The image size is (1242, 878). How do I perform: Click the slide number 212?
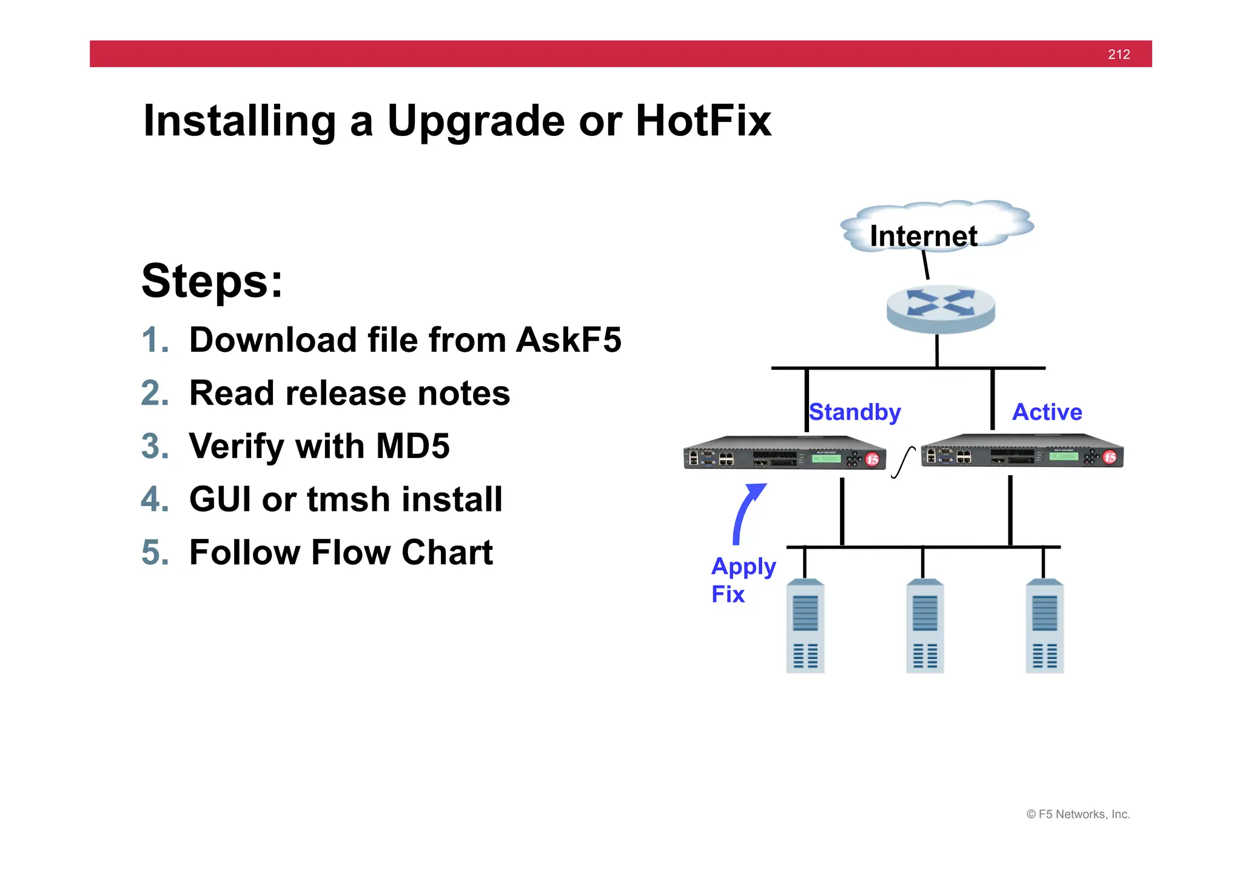1118,55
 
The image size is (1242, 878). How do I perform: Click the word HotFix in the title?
703,121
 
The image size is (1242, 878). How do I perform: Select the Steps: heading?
212,281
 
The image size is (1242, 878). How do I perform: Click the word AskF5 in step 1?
568,340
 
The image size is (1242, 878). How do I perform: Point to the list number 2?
155,393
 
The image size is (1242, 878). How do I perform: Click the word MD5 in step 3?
412,447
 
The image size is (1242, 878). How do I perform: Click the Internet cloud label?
923,236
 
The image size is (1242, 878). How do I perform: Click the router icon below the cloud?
940,309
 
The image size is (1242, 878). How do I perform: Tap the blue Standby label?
855,412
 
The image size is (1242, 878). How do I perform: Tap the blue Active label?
1047,412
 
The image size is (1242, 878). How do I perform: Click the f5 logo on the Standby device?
872,459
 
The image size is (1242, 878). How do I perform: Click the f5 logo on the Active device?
1110,457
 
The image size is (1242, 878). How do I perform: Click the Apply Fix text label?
742,580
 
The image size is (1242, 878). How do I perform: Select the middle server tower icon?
924,626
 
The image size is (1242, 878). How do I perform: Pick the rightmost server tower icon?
1044,626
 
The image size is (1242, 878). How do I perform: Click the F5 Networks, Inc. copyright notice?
1078,814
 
